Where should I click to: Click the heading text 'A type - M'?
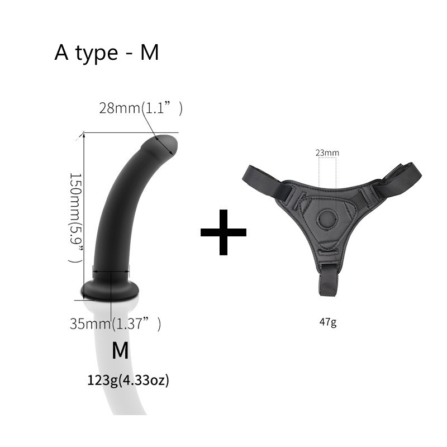(x=106, y=53)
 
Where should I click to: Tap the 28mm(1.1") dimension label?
(x=141, y=108)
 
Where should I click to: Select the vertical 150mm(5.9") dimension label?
(x=76, y=217)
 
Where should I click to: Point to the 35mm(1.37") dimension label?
(x=115, y=324)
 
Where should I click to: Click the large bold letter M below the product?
(x=120, y=350)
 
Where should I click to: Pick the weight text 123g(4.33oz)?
(x=128, y=380)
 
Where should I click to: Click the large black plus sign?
(x=223, y=232)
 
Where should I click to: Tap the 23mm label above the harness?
(x=327, y=153)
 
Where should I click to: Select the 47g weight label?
(x=328, y=322)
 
